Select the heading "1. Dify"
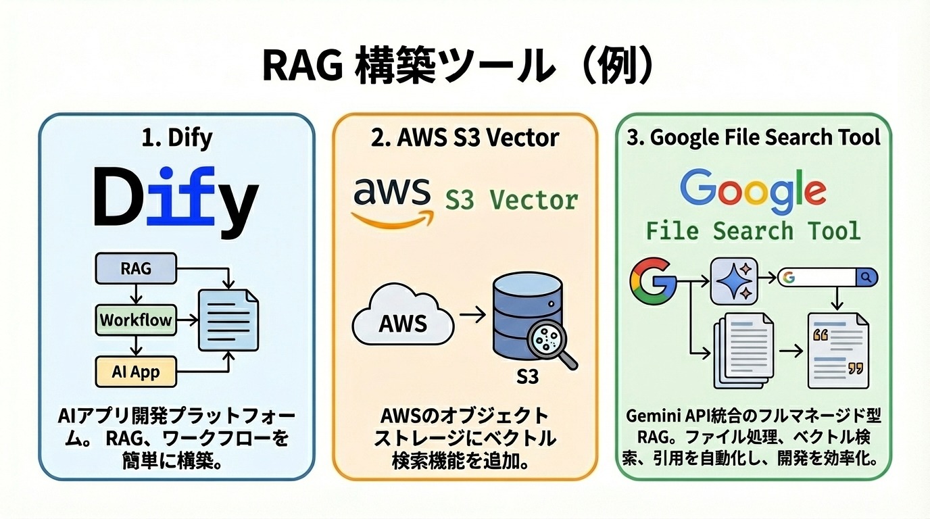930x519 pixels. (178, 137)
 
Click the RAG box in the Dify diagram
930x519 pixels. (136, 268)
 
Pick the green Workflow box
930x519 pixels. (136, 320)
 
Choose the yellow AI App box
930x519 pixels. (136, 371)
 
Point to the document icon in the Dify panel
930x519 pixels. (228, 320)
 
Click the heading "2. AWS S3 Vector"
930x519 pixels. (465, 137)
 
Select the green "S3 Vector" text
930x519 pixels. (511, 200)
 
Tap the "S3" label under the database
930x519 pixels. (527, 376)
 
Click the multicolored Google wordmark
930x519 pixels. (752, 188)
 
